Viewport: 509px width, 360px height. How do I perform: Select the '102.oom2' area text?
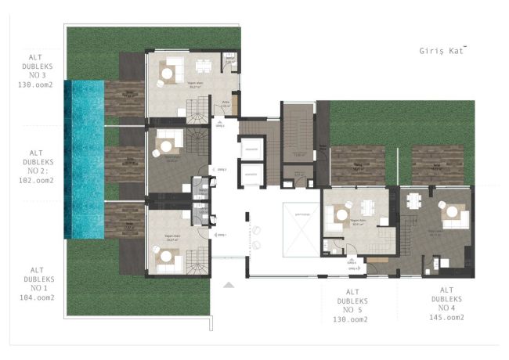pos(35,179)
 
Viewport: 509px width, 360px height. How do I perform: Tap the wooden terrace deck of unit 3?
pos(125,99)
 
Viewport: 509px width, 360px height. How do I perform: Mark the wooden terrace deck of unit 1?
pos(125,221)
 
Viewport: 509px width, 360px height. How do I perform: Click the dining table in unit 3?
pos(204,66)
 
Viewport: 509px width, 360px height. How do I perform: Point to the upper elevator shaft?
pos(251,148)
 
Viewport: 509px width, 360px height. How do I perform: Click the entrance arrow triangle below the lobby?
pos(228,285)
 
